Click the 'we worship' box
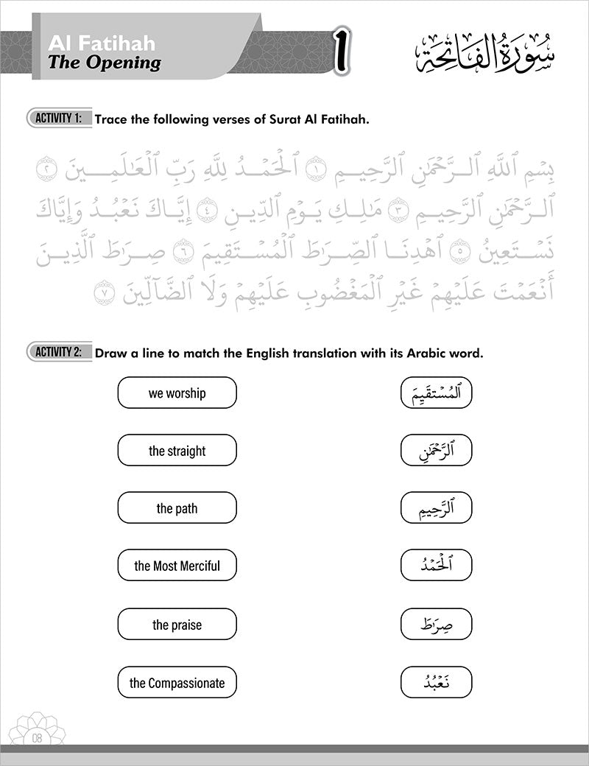coord(177,393)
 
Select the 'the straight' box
coord(177,450)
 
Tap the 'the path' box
coord(177,508)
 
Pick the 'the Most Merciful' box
coord(177,566)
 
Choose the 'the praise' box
coord(177,625)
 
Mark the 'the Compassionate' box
coord(177,682)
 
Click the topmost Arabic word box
coord(436,393)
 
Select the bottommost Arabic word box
coord(436,682)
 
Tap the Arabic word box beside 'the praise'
coord(436,625)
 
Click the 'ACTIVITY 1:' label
coord(59,118)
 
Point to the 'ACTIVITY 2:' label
coord(59,352)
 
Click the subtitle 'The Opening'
coord(104,63)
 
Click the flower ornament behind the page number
coord(36,722)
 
